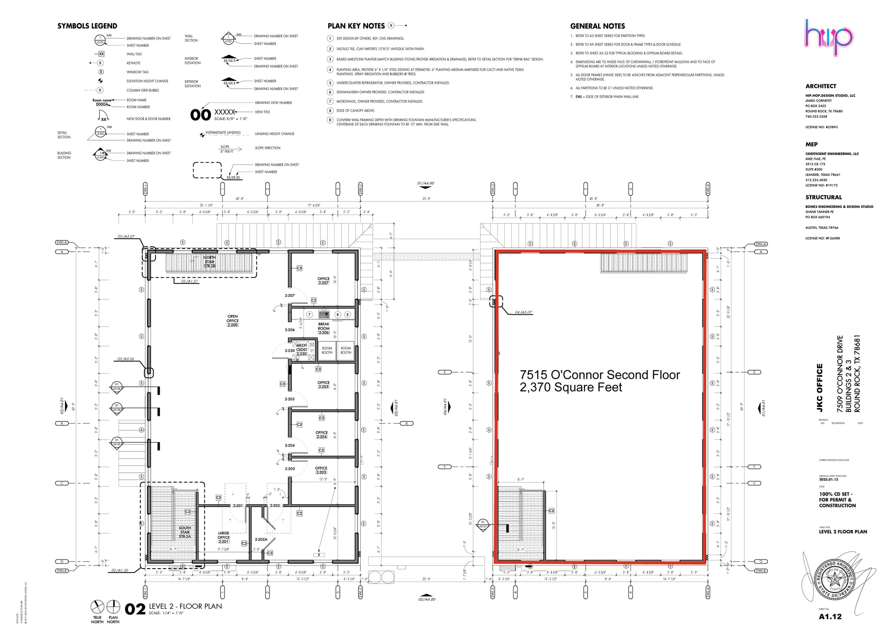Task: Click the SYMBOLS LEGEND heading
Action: pyautogui.click(x=87, y=26)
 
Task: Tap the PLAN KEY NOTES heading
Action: pyautogui.click(x=356, y=26)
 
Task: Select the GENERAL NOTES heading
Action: pyautogui.click(x=597, y=26)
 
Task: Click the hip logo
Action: pyautogui.click(x=829, y=38)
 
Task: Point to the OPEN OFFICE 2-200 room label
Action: pyautogui.click(x=232, y=321)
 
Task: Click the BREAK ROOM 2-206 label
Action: pyautogui.click(x=324, y=328)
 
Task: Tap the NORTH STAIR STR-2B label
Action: pyautogui.click(x=210, y=262)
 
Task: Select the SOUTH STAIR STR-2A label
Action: pyautogui.click(x=185, y=532)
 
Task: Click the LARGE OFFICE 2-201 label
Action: pyautogui.click(x=224, y=537)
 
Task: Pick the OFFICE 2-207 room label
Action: pyautogui.click(x=323, y=281)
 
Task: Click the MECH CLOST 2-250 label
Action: pyautogui.click(x=302, y=349)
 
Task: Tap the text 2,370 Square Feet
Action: pyautogui.click(x=571, y=388)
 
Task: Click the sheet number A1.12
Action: pyautogui.click(x=830, y=617)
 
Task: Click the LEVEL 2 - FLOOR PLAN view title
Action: pyautogui.click(x=185, y=606)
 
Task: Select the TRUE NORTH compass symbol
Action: pyautogui.click(x=97, y=606)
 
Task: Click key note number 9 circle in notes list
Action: pyautogui.click(x=330, y=120)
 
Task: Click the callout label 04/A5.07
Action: pyautogui.click(x=523, y=313)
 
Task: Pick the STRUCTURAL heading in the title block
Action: pyautogui.click(x=823, y=197)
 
